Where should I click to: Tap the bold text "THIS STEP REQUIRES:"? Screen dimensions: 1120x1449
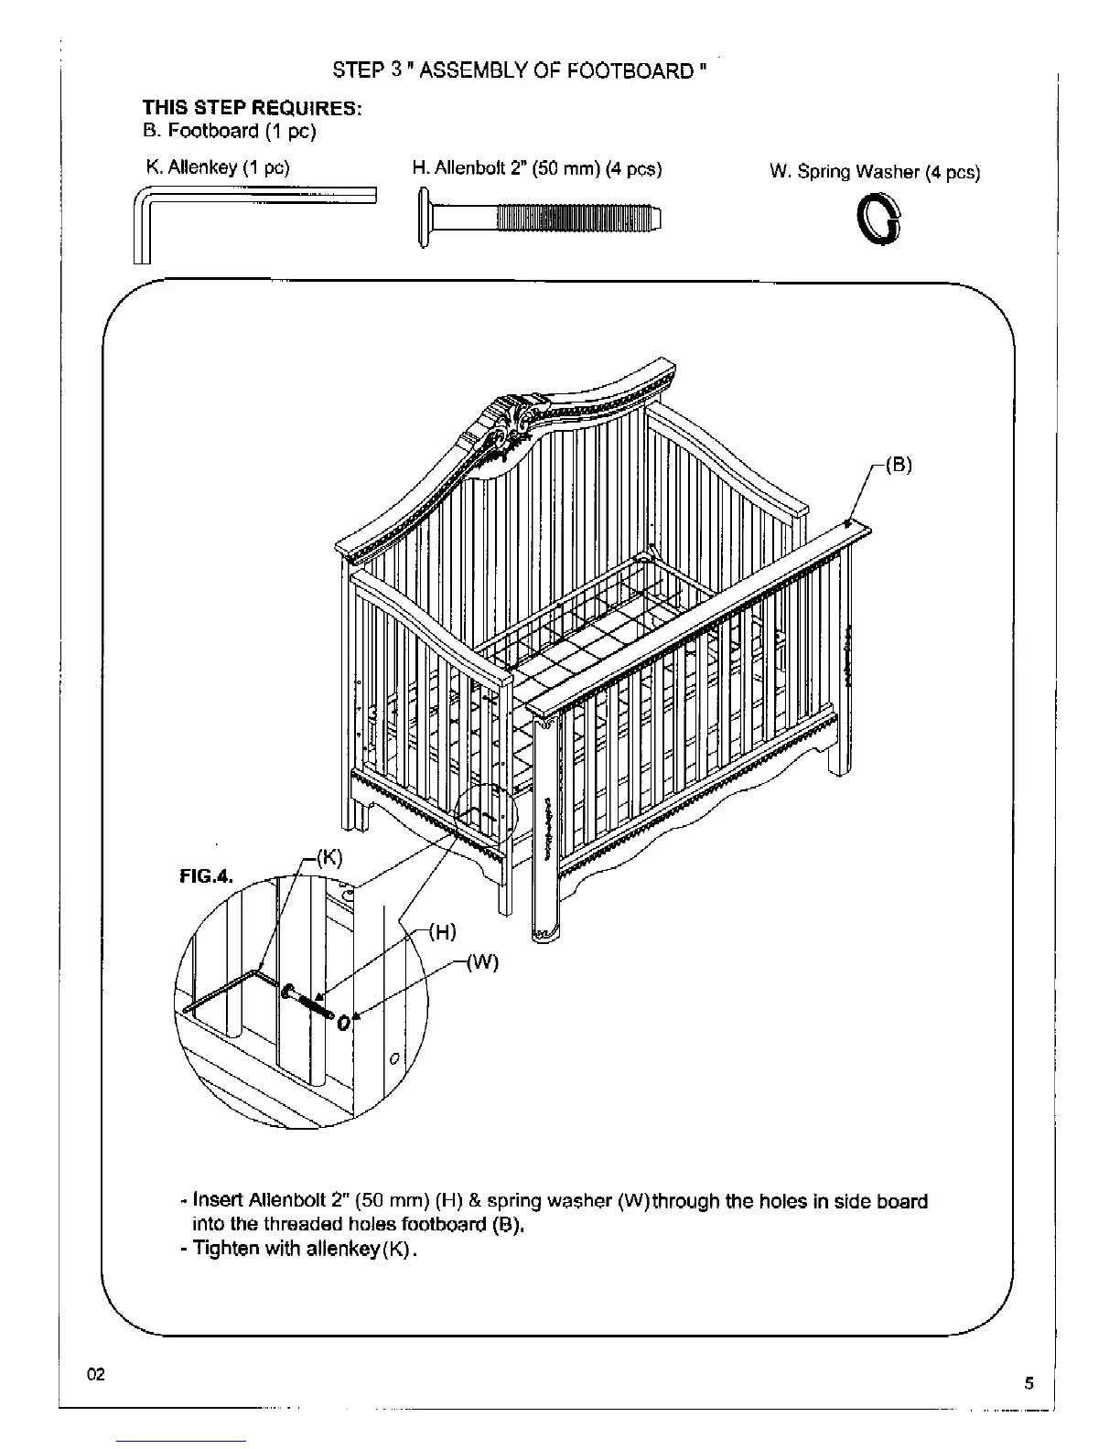252,108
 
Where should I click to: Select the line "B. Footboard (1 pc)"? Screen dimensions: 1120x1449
229,131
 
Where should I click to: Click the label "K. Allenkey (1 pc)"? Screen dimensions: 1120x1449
218,167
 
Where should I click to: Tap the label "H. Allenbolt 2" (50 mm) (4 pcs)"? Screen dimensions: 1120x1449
537,168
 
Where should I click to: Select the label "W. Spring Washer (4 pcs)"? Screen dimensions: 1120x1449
875,172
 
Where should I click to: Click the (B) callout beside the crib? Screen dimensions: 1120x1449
899,464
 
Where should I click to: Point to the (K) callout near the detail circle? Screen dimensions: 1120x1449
328,857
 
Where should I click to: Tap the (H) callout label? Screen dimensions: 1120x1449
443,932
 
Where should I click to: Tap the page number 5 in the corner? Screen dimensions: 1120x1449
1028,1382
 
